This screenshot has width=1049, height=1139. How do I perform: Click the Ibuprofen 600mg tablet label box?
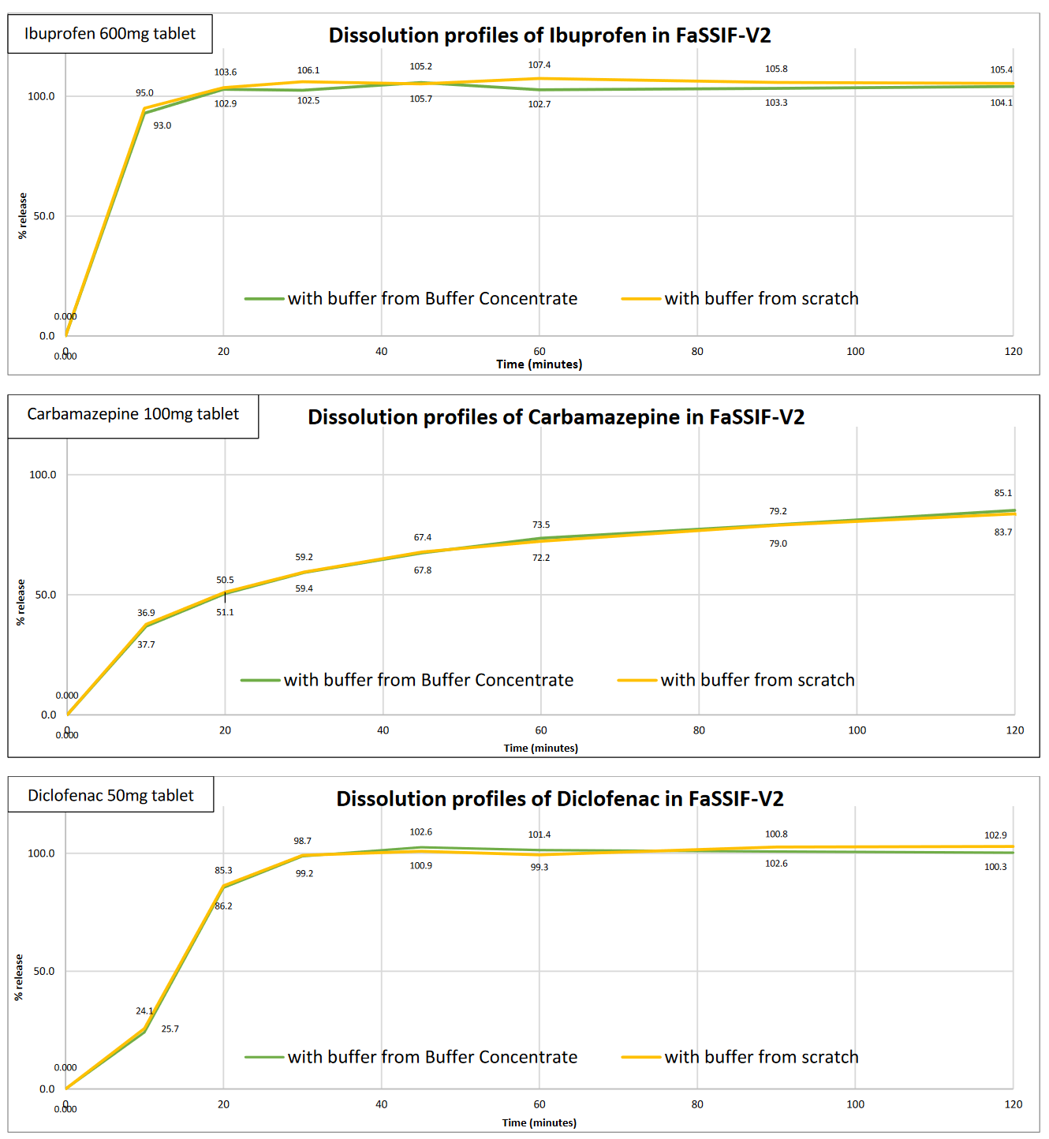(110, 34)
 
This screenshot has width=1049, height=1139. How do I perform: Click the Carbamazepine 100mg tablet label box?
(133, 415)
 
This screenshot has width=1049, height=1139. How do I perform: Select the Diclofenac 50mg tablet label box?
(110, 796)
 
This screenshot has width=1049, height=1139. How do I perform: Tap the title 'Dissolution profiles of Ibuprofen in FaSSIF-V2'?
(550, 35)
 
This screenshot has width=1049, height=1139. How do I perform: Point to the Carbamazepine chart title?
(556, 417)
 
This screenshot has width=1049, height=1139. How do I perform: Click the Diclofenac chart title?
(560, 799)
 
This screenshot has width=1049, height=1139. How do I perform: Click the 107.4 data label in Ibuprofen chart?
(539, 65)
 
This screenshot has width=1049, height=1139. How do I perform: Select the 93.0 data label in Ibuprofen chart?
(162, 126)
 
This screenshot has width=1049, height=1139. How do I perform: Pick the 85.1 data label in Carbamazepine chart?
(1002, 494)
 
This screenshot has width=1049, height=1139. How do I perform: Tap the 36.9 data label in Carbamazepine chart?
(146, 614)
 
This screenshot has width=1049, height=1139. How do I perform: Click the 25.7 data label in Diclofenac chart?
(170, 1029)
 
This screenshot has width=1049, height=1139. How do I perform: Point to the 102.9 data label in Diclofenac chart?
(995, 835)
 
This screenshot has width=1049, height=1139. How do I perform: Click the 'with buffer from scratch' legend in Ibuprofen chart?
(761, 299)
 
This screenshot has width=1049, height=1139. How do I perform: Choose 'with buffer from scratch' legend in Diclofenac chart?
(761, 1058)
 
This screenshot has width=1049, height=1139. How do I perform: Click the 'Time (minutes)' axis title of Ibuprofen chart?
(539, 364)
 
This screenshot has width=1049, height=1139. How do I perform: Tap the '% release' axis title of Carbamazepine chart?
(21, 603)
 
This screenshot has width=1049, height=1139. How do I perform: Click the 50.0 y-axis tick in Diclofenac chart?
(45, 972)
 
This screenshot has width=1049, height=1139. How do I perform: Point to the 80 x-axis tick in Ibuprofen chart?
(697, 352)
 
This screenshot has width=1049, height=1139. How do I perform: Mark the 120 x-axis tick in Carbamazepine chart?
(1015, 730)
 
